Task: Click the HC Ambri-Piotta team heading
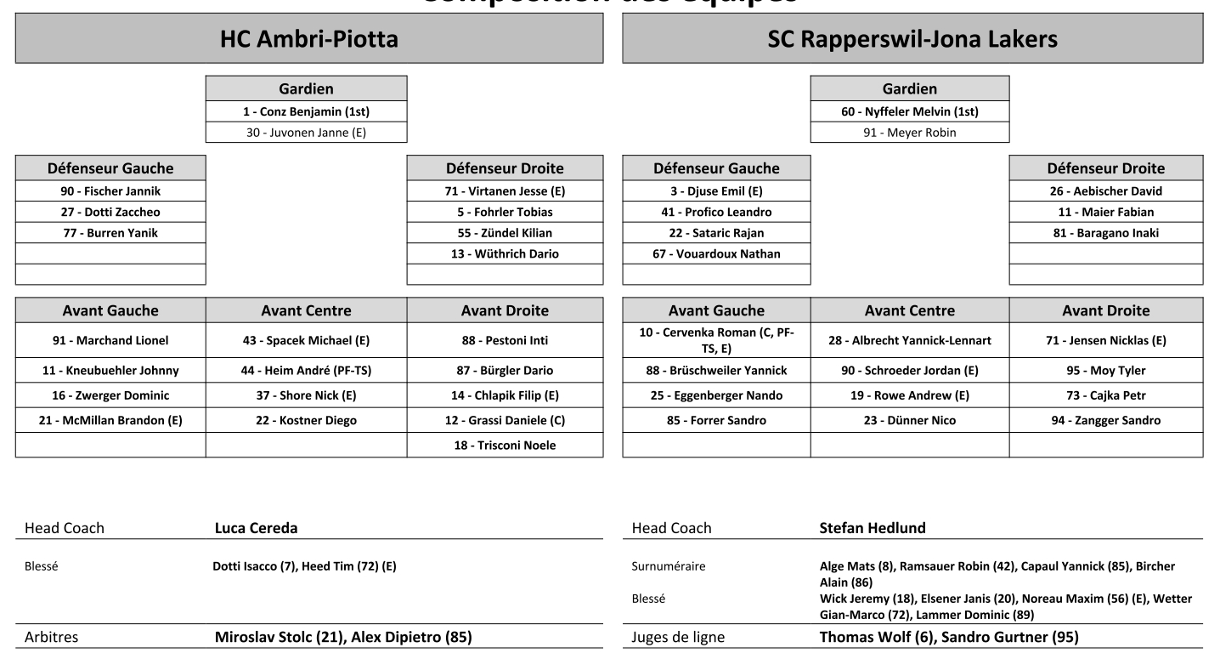coord(308,39)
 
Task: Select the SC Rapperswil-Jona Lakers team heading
coord(912,39)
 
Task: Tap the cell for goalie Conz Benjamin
coord(306,111)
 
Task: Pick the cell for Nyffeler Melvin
coord(910,111)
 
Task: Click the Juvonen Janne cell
coord(306,132)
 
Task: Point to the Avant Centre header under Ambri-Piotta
coord(306,310)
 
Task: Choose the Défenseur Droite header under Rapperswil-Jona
coord(1105,168)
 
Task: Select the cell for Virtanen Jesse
coord(505,191)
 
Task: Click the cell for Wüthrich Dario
coord(505,253)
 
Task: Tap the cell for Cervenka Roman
coord(716,340)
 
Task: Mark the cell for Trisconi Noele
coord(505,445)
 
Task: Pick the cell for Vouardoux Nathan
coord(716,253)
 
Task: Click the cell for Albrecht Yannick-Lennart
coord(909,340)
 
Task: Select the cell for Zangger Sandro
coord(1105,420)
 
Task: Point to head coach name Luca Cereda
coord(256,528)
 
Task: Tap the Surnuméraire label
coord(668,565)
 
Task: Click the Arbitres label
coord(53,637)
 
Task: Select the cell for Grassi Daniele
coord(505,420)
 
